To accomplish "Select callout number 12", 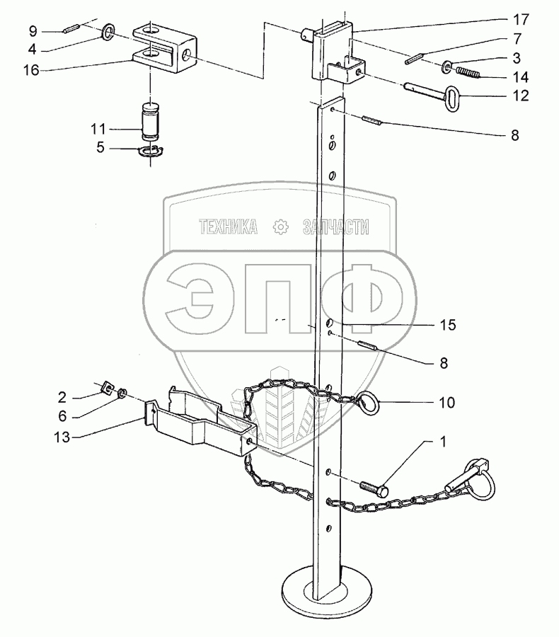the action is pyautogui.click(x=520, y=96).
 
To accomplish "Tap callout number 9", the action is pyautogui.click(x=33, y=32).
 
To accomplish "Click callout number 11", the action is pyautogui.click(x=98, y=129).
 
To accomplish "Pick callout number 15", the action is pyautogui.click(x=446, y=325).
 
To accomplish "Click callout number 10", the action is pyautogui.click(x=446, y=403).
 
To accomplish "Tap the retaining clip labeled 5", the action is pyautogui.click(x=151, y=151).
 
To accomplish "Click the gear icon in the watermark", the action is pyautogui.click(x=280, y=226).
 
